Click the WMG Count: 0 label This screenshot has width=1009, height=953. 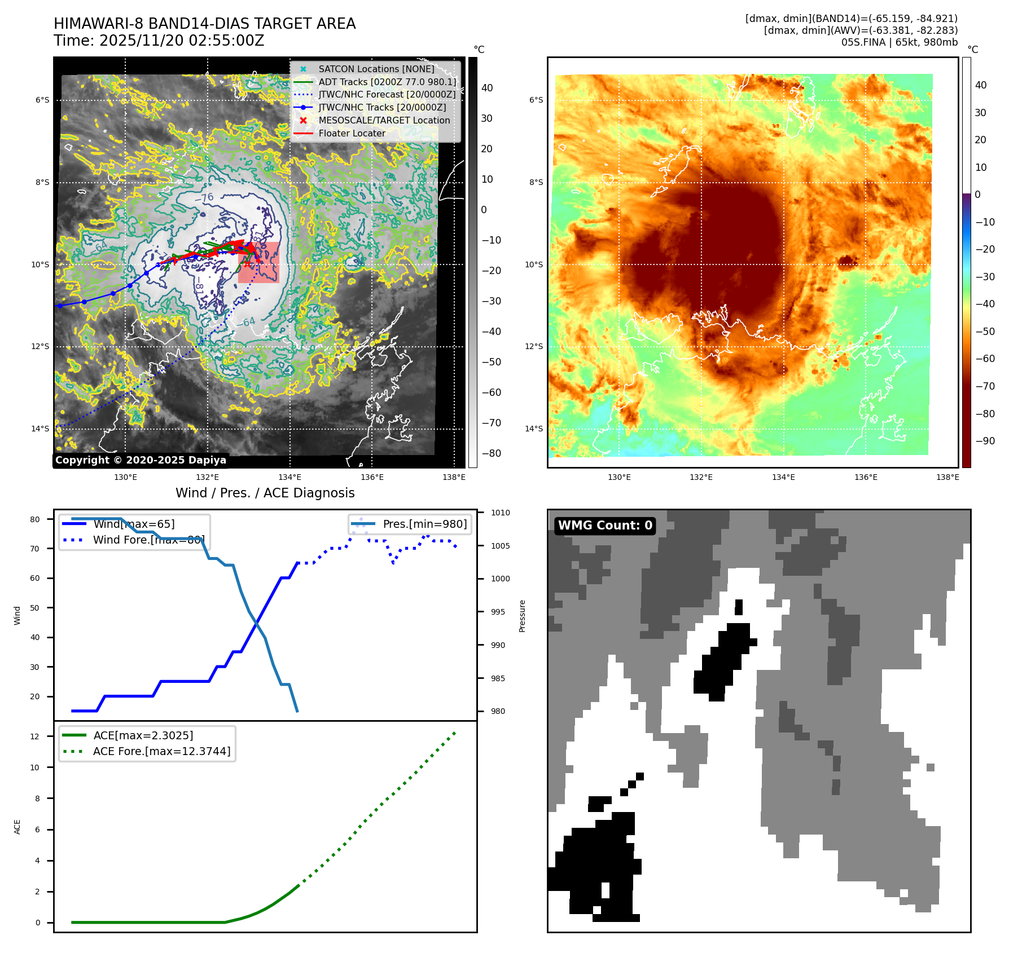click(605, 526)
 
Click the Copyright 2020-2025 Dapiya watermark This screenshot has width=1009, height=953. click(141, 460)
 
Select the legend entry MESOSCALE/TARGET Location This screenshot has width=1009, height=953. click(384, 120)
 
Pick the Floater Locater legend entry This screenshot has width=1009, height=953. click(352, 133)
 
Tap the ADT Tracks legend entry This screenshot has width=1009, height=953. click(387, 82)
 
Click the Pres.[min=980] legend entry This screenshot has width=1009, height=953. click(424, 524)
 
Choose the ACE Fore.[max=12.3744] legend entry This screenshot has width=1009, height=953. click(161, 751)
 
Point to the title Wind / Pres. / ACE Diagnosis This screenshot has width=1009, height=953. click(265, 493)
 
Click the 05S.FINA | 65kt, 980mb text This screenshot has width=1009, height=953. click(899, 42)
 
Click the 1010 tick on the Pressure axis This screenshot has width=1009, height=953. click(500, 513)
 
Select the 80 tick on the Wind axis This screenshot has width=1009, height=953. click(35, 519)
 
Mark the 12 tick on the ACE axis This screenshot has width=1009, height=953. click(35, 736)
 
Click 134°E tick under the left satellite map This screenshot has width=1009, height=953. click(289, 477)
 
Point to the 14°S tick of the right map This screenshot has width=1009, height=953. click(534, 429)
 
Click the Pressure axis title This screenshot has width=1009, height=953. click(522, 616)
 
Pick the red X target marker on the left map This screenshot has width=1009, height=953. click(247, 263)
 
